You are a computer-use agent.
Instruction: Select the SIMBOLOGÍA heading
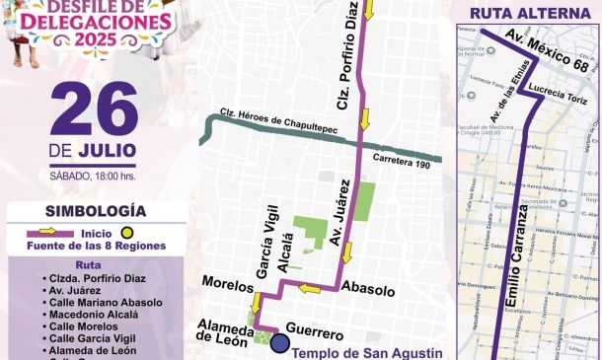point(96,211)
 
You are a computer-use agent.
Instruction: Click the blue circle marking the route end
point(280,342)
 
